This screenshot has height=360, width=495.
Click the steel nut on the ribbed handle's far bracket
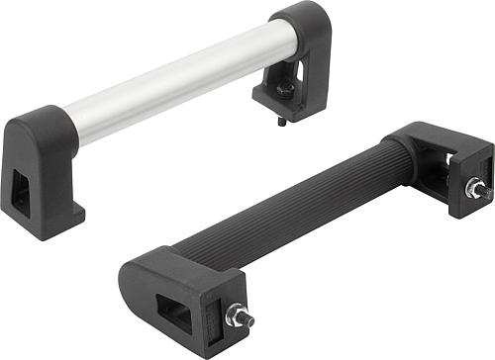pos(474,188)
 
